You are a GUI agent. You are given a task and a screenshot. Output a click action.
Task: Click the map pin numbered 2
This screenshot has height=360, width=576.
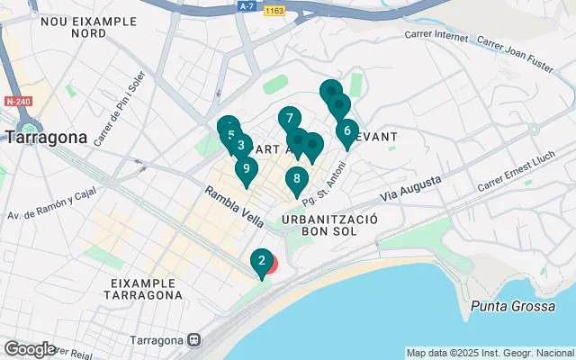click(261, 263)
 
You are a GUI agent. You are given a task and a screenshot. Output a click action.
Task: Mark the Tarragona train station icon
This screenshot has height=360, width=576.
click(193, 341)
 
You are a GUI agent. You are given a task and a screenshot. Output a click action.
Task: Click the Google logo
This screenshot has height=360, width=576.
click(30, 348)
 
